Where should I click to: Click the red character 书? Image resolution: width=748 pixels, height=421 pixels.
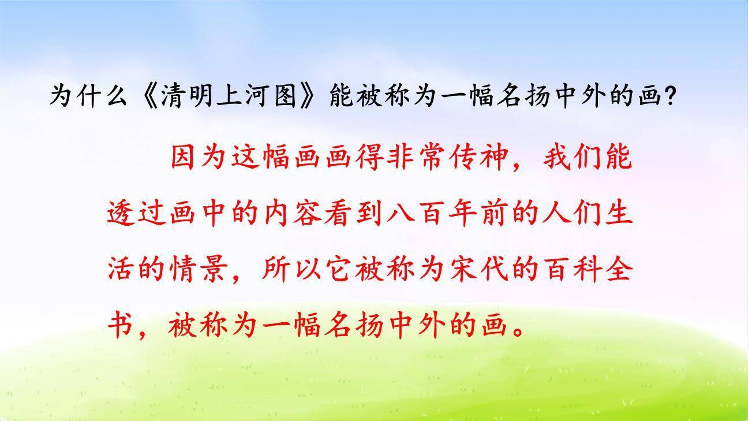(121, 325)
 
